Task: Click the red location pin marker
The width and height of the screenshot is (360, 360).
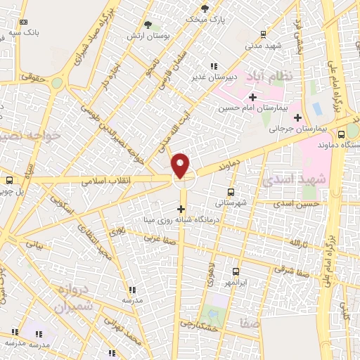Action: [181, 165]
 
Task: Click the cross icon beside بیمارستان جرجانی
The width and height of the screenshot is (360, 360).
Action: [298, 117]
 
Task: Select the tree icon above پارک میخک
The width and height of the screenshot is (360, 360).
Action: [205, 8]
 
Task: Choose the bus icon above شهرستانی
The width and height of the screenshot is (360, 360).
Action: [231, 191]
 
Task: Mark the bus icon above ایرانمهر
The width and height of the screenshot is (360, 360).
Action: [235, 271]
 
